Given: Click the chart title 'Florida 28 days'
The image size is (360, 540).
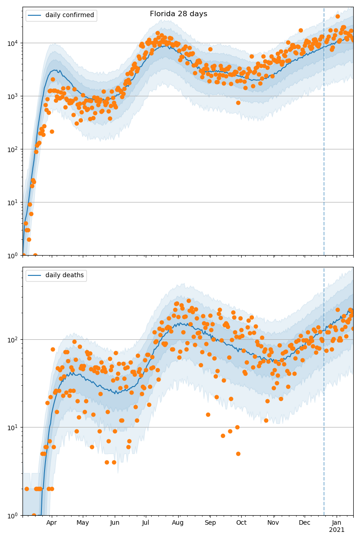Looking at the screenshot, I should click(178, 14).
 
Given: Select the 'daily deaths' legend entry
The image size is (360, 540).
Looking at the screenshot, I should click(64, 275).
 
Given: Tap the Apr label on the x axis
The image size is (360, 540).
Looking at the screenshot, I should click(51, 523).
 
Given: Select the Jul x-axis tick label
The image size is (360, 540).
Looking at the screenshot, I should click(145, 523).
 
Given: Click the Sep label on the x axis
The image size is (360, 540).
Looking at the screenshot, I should click(210, 523).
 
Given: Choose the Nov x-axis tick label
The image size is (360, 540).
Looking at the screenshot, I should click(273, 523).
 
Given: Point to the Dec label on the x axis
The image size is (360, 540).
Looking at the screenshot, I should click(305, 523).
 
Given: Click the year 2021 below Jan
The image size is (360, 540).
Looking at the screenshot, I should click(337, 530).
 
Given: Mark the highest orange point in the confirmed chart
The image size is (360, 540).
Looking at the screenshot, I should click(337, 17).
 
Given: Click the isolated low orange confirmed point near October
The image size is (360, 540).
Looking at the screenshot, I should click(238, 103).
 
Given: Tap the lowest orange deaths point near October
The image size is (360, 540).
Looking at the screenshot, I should click(238, 454).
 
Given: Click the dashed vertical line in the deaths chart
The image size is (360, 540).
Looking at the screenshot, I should click(324, 405).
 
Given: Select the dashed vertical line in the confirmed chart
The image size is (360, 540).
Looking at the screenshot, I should click(324, 135).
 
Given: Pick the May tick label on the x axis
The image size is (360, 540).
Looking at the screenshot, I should click(83, 523).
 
